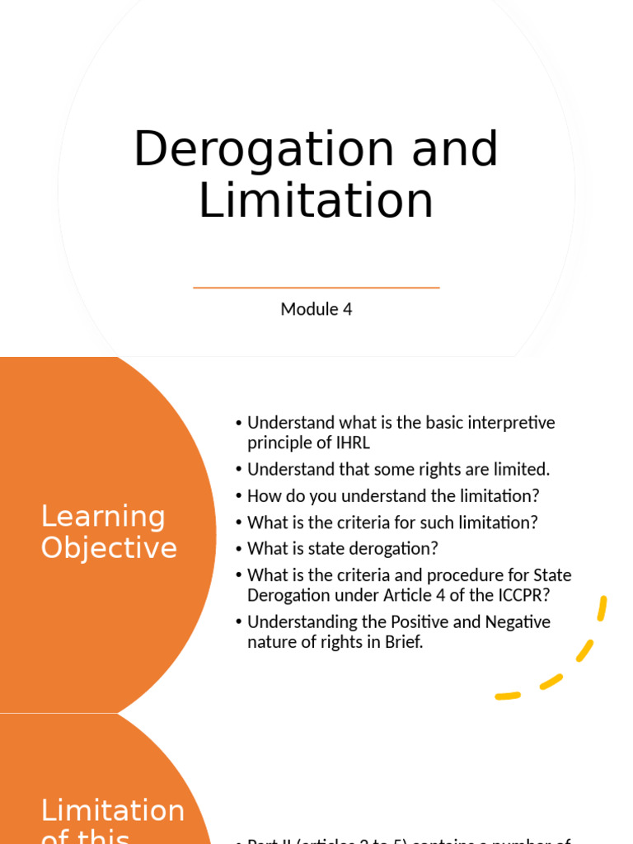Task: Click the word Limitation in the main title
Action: pos(316,200)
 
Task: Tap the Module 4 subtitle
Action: pos(316,309)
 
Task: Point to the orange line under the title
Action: pos(316,288)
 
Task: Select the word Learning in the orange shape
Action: pos(103,517)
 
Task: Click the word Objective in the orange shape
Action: pos(109,548)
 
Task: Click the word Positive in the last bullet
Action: pos(401,622)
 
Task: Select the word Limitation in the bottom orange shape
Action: pos(113,810)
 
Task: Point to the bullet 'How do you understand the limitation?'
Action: pos(393,496)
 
